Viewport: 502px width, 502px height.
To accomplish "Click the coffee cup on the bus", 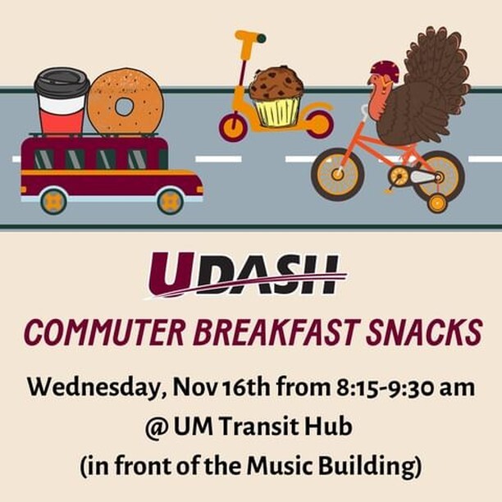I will click(x=62, y=102).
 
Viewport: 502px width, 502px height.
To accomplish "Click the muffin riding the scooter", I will click(x=276, y=96).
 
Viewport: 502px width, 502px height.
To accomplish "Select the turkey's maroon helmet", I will click(x=384, y=71).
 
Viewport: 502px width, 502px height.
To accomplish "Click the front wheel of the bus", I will click(x=170, y=200).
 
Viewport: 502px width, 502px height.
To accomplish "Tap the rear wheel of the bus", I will click(x=53, y=200).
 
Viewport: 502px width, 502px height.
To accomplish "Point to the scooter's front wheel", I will click(x=233, y=127).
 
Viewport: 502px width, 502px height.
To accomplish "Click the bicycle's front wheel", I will click(x=338, y=174).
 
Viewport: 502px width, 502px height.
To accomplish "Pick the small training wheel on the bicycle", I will click(x=437, y=203).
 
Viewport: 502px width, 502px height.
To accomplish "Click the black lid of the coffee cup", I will click(x=62, y=82).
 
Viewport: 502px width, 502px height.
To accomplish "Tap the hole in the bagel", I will click(x=125, y=106).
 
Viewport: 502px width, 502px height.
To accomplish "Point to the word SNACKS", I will click(x=427, y=333).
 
